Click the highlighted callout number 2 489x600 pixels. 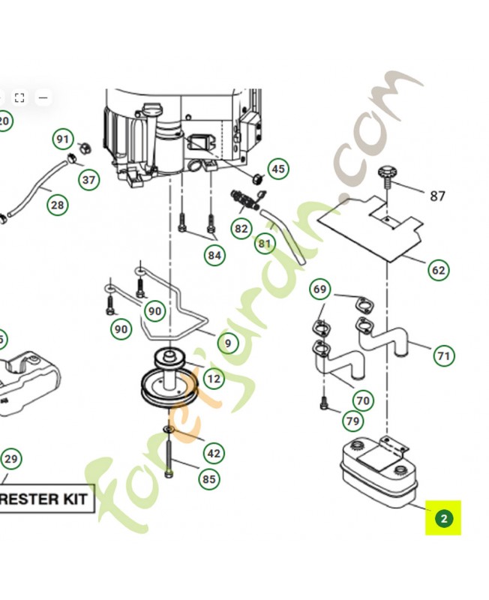[443, 518]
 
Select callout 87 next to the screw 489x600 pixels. [437, 196]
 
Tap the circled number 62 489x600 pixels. [438, 270]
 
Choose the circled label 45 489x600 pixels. [278, 169]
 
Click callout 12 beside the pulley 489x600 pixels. [214, 378]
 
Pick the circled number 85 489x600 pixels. [209, 479]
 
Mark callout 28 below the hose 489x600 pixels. [58, 204]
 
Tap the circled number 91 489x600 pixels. [63, 139]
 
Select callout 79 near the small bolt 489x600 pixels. [353, 421]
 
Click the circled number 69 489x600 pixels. [320, 289]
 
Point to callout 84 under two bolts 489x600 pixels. [214, 256]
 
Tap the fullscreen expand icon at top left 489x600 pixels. [19, 97]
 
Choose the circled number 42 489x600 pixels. [214, 453]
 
